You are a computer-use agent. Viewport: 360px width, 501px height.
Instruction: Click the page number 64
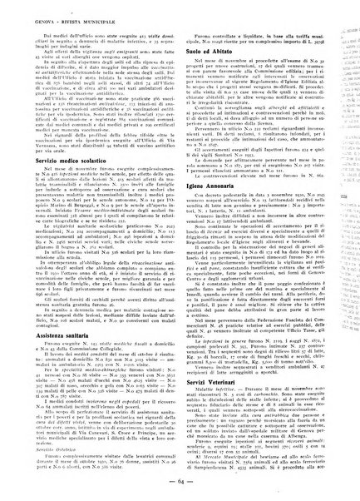(180, 484)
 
